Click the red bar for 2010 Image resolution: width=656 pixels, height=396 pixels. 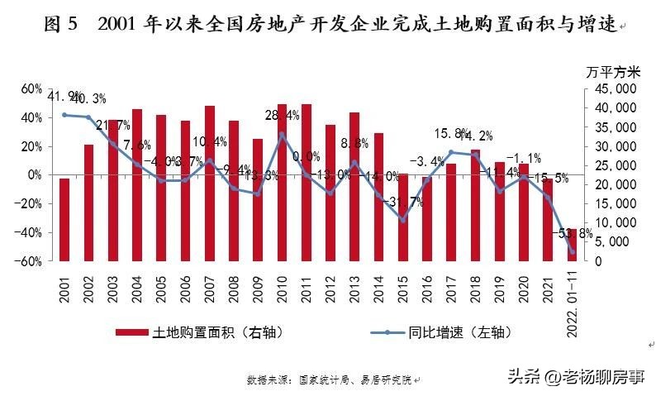(282, 182)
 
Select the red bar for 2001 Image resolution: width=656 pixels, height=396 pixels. (64, 219)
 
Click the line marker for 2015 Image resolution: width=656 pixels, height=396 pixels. (402, 220)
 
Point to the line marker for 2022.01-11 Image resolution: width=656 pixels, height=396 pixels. (571, 251)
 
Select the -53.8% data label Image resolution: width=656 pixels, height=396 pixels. (573, 234)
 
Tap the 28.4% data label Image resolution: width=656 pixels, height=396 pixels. (282, 115)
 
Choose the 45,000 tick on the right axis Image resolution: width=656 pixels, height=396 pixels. (611, 88)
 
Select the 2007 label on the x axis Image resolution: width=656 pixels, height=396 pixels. (210, 285)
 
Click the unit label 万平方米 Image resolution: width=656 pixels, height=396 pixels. (610, 71)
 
